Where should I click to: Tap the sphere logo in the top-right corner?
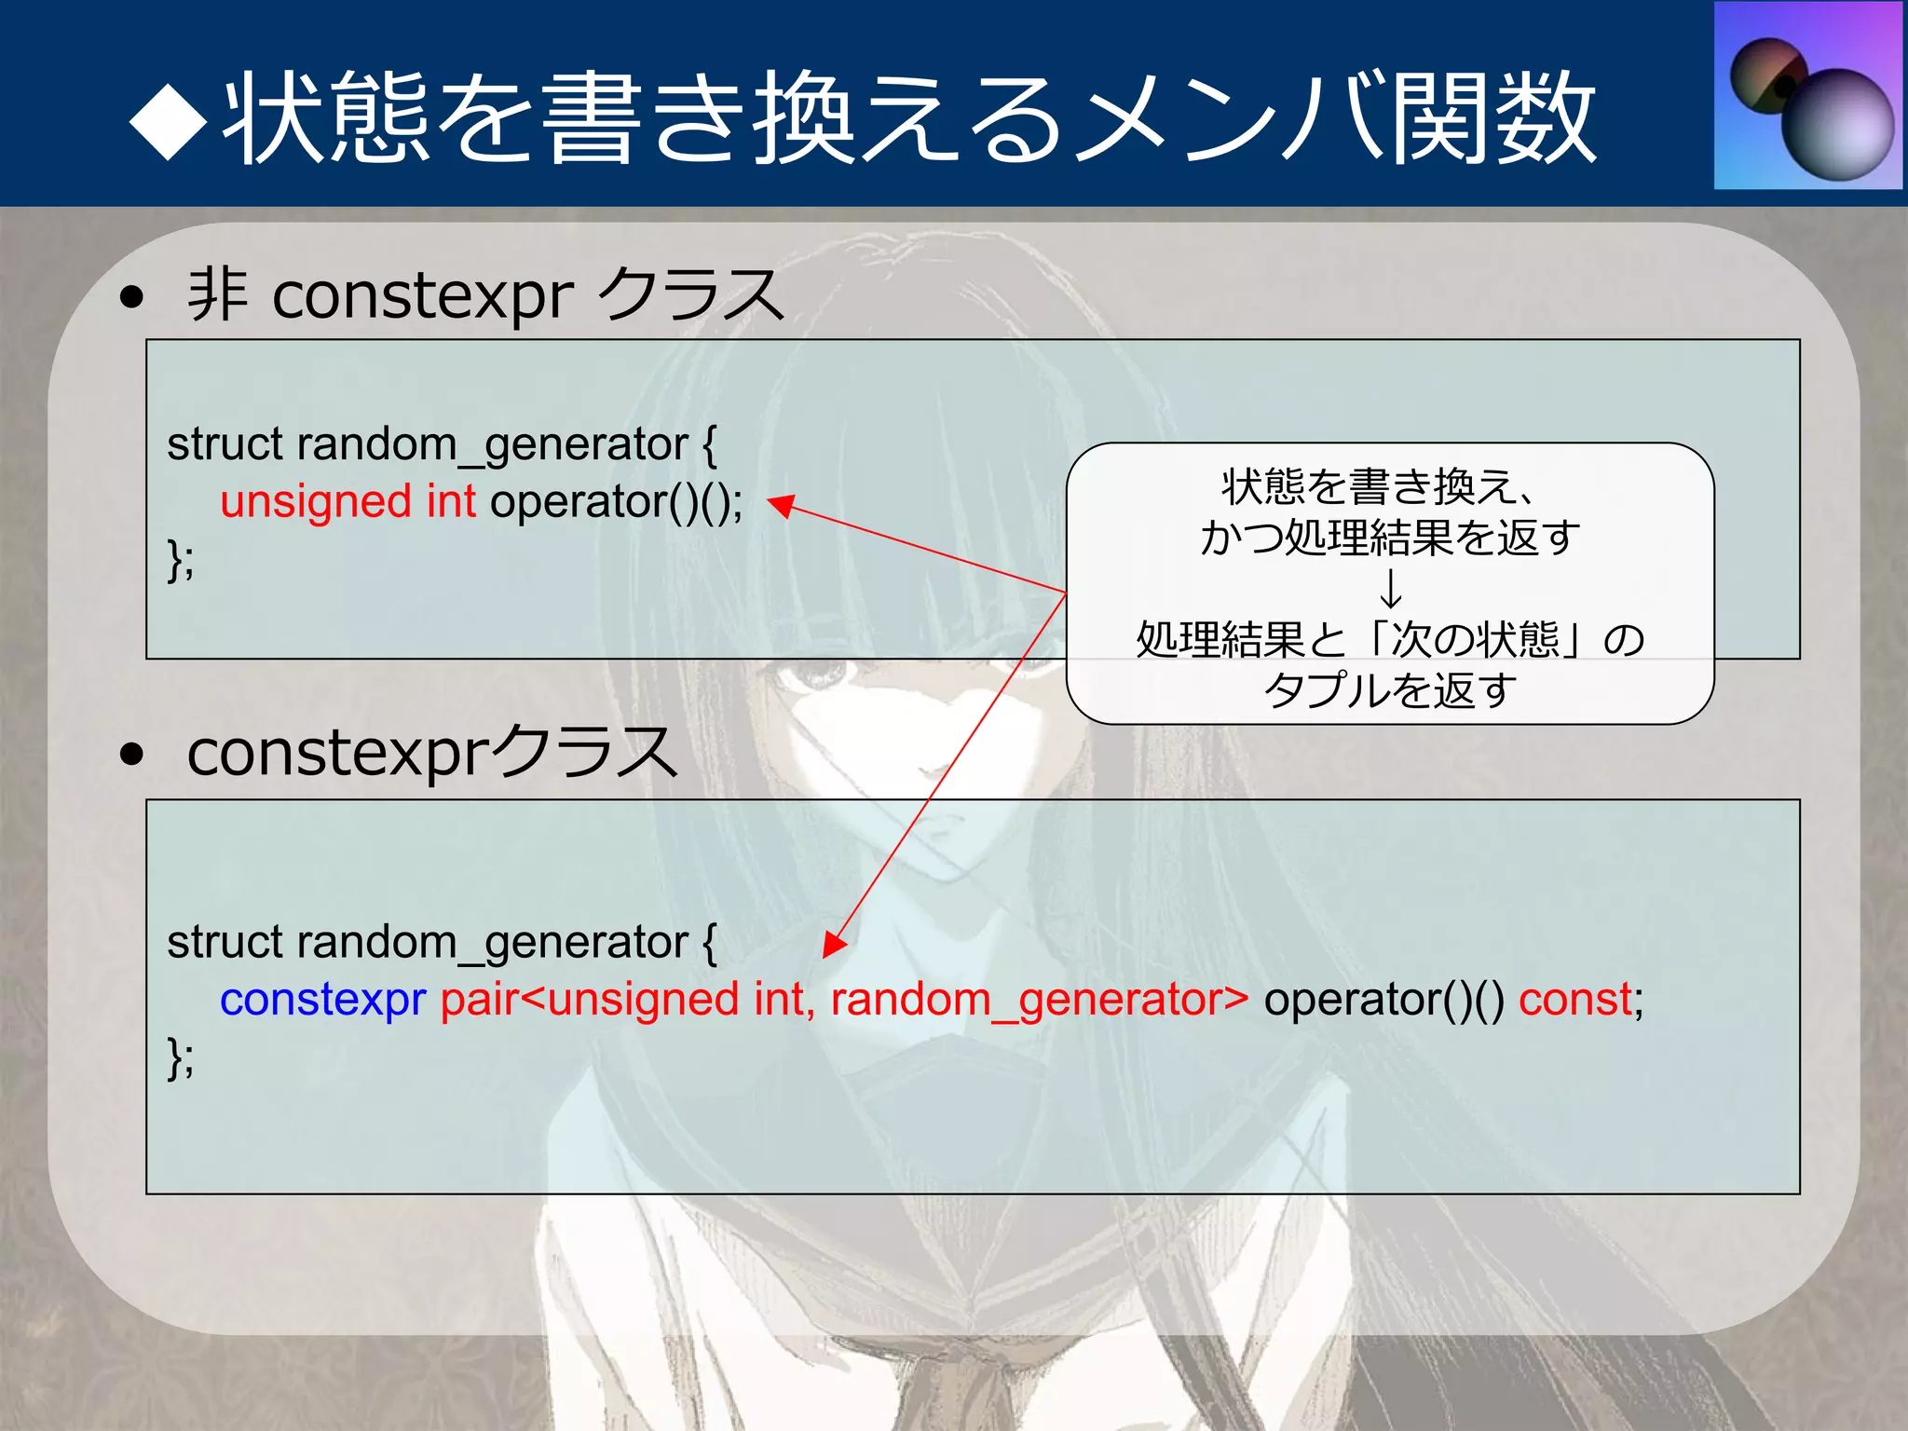tap(1807, 95)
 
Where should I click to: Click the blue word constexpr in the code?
tap(322, 1000)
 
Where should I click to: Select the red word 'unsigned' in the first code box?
tap(315, 502)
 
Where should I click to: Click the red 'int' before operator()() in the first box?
tap(451, 502)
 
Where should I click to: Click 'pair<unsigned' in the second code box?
tap(590, 1000)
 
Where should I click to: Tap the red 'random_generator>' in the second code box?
tap(1039, 1000)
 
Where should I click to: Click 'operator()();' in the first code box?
tap(616, 502)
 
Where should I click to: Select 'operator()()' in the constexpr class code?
tap(1383, 1000)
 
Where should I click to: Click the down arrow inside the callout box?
tap(1390, 589)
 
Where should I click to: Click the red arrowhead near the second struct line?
tap(834, 945)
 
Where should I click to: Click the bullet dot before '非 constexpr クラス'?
tap(132, 297)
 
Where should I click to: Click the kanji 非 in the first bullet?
tap(218, 294)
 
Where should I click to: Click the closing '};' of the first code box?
tap(181, 560)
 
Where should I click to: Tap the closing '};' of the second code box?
tap(181, 1058)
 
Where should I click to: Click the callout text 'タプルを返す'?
tap(1390, 690)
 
